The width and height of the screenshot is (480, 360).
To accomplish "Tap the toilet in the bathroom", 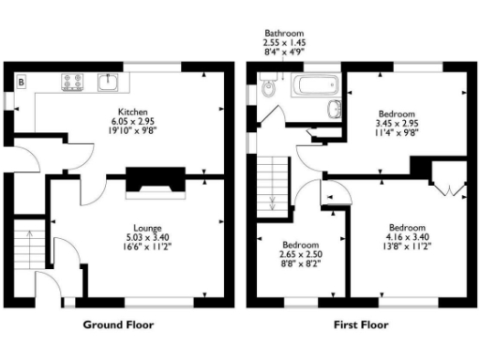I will [x=269, y=90].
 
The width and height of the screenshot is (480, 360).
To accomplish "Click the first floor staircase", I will [x=274, y=183].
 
